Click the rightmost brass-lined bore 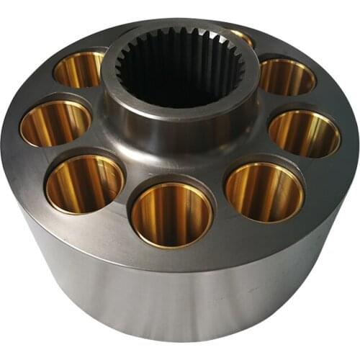[x=304, y=133]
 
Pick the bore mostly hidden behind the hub [x=241, y=36]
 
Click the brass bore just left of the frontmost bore [x=85, y=184]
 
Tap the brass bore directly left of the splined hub [x=79, y=69]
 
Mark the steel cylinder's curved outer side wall [x=180, y=302]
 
